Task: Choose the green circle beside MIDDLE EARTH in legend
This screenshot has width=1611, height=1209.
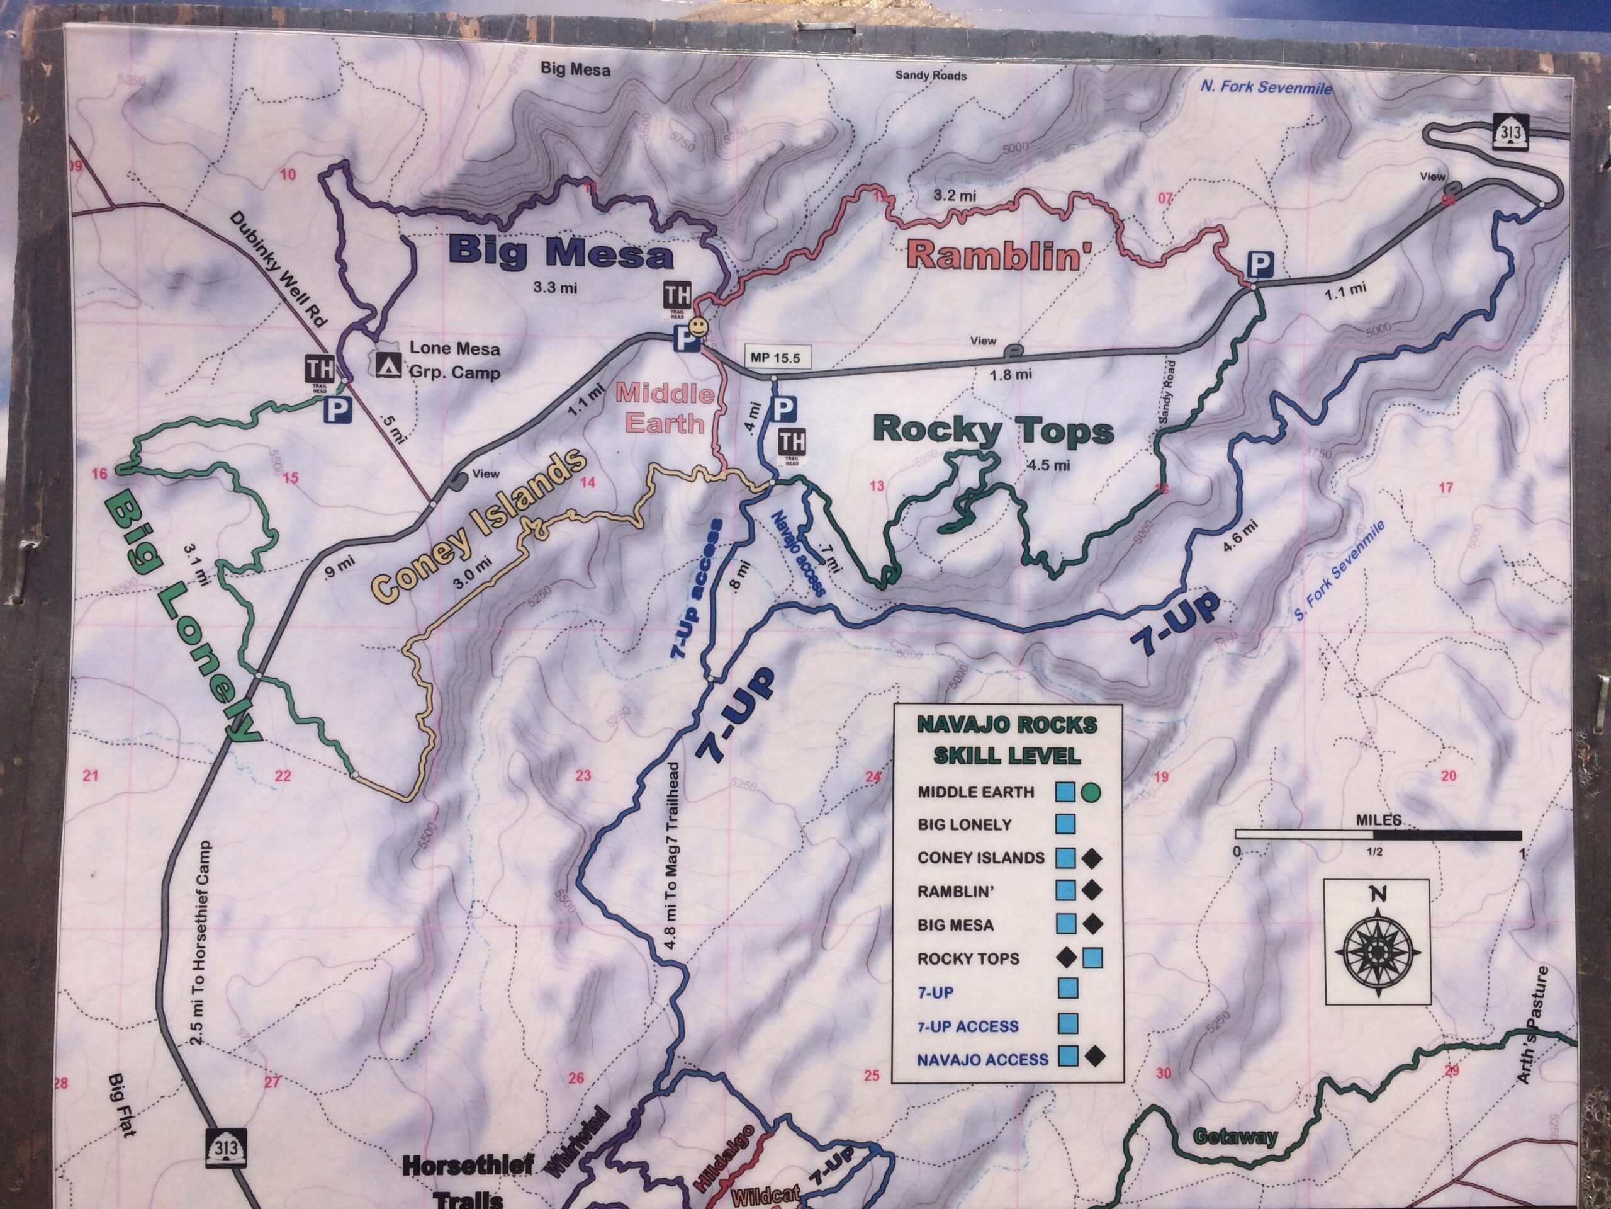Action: point(1091,792)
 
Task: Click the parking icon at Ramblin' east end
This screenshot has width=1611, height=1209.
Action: point(1259,264)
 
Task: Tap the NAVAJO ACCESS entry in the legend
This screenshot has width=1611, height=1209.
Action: point(982,1059)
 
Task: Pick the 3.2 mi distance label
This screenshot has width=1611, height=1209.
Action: point(955,195)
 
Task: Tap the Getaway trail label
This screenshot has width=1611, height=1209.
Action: point(1235,1136)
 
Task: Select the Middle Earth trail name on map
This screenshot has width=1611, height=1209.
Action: point(664,408)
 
